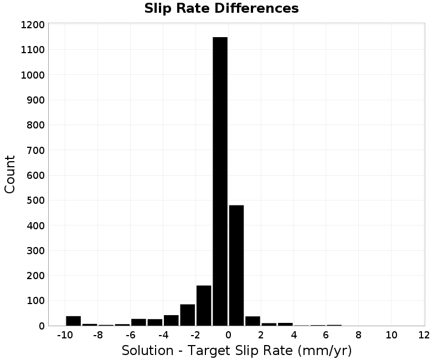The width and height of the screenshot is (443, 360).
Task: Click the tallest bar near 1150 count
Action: (x=220, y=181)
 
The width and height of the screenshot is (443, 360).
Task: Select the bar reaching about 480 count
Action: (x=236, y=265)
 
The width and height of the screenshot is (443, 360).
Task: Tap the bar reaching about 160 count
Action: (x=204, y=306)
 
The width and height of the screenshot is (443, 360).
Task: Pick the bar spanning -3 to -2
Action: (x=188, y=315)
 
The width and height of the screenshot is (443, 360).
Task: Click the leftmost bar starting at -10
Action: (x=74, y=321)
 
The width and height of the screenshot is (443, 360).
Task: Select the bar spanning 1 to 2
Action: (x=253, y=321)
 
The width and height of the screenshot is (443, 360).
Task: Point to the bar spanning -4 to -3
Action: (x=171, y=320)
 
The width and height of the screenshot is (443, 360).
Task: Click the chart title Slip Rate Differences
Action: (x=221, y=8)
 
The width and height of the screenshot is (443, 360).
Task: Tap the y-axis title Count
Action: (x=9, y=174)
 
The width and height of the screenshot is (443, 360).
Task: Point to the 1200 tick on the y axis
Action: (x=33, y=25)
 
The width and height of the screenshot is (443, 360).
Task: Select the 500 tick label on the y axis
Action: (x=35, y=200)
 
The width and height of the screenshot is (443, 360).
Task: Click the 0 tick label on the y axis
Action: (x=42, y=326)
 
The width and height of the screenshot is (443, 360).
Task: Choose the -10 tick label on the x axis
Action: (x=65, y=335)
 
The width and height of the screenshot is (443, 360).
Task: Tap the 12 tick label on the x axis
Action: (x=424, y=335)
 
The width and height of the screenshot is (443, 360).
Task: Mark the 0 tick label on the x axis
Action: (x=228, y=335)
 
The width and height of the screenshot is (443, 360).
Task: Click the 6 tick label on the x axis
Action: (x=326, y=335)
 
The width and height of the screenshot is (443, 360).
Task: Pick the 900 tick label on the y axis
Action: (x=35, y=100)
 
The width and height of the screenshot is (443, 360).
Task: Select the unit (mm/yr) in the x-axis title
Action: (x=324, y=351)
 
